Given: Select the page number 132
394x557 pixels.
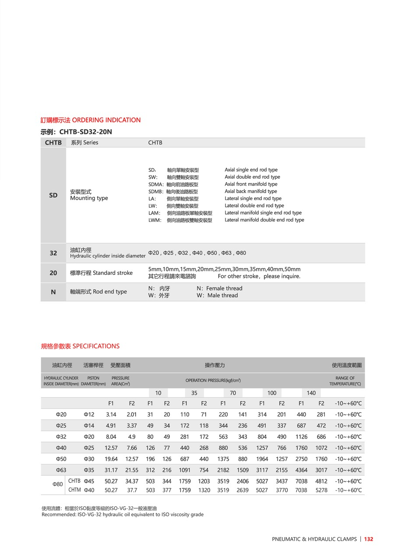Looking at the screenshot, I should click(369, 539).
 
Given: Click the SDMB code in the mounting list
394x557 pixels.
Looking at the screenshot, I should click(155, 191).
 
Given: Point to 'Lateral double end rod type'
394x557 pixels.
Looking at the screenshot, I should click(254, 205).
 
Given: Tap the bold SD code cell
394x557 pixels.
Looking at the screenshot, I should click(53, 195).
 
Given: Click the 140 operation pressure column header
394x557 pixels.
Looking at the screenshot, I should click(311, 393).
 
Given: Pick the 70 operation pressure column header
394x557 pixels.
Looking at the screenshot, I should click(233, 393).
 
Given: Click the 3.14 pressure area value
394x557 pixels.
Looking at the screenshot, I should click(111, 415).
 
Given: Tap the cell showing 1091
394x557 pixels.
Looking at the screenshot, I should click(185, 470).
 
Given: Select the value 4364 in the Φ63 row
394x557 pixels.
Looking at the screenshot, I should click(301, 470).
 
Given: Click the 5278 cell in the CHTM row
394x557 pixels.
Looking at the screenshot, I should click(321, 490).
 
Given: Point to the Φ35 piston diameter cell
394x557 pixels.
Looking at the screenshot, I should click(89, 470).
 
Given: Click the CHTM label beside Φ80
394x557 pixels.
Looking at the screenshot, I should click(74, 490).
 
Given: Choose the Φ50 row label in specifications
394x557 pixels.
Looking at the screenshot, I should click(61, 459).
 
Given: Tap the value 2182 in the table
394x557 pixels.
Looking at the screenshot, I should click(223, 470).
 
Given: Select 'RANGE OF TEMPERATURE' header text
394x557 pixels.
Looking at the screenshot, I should click(345, 381).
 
